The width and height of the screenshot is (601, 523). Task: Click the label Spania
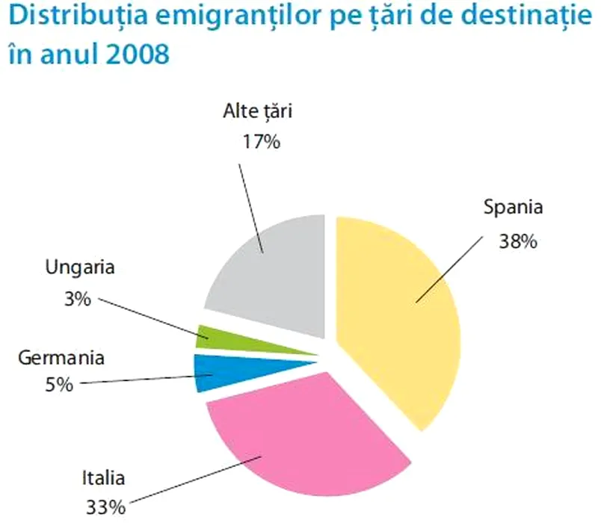[x=513, y=207]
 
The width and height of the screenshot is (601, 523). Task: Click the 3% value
[x=77, y=299]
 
